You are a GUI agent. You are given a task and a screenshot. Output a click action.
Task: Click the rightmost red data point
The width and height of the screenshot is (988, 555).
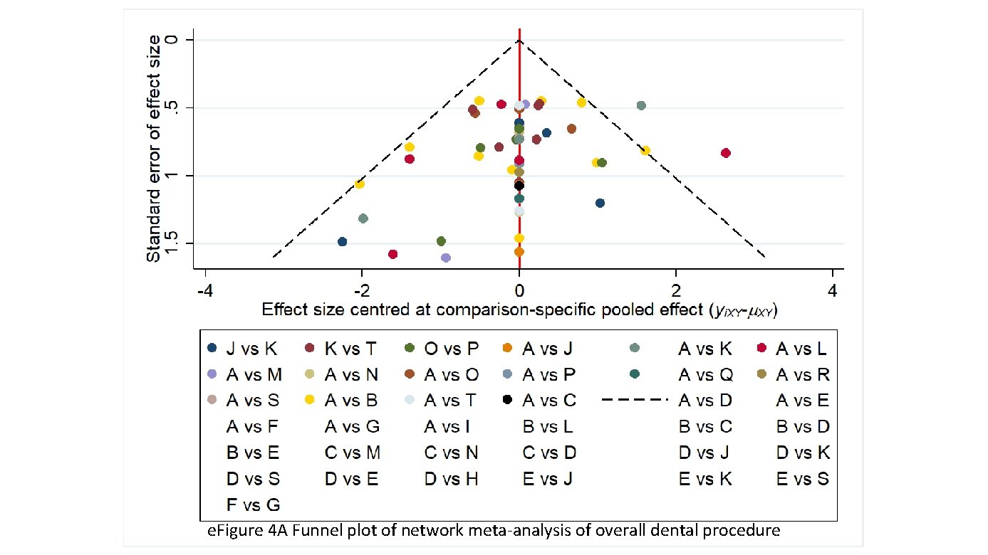(726, 153)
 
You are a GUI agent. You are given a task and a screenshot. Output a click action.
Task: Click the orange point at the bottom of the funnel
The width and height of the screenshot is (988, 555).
(519, 252)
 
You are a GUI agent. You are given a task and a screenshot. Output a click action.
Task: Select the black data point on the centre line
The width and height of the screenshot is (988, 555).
(519, 186)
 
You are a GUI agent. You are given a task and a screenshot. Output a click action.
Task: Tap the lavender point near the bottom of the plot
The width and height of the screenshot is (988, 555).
(446, 258)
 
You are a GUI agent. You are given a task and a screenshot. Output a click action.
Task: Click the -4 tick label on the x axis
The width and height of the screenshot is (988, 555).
(205, 292)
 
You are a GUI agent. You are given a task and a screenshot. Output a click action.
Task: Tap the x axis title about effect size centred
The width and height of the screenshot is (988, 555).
(519, 310)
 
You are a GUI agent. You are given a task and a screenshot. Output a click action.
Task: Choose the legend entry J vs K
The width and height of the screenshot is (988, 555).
(242, 349)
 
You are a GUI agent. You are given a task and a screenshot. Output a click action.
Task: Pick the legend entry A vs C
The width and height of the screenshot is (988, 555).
(539, 401)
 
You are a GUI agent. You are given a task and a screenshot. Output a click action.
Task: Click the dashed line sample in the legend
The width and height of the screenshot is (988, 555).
(635, 401)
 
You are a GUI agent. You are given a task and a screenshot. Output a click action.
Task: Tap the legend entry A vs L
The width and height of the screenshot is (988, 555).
(794, 349)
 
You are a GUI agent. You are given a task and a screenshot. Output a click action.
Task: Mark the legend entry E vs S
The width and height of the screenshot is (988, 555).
(802, 479)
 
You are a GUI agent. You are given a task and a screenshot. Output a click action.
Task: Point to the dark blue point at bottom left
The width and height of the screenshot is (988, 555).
(343, 242)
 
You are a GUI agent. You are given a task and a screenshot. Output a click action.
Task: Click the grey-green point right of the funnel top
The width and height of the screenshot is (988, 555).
(641, 105)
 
